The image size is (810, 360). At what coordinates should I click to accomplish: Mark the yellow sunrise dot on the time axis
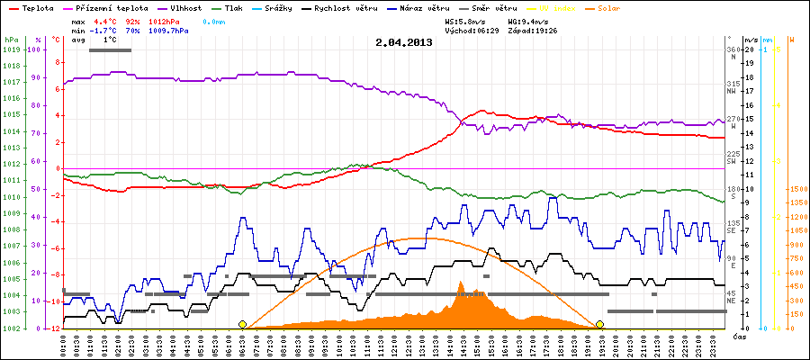(x=242, y=324)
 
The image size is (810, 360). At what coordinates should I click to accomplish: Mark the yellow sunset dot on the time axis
(x=599, y=324)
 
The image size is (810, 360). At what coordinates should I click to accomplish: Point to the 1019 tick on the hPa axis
(x=11, y=49)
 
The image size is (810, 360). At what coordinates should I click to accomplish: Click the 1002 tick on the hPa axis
(x=11, y=328)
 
